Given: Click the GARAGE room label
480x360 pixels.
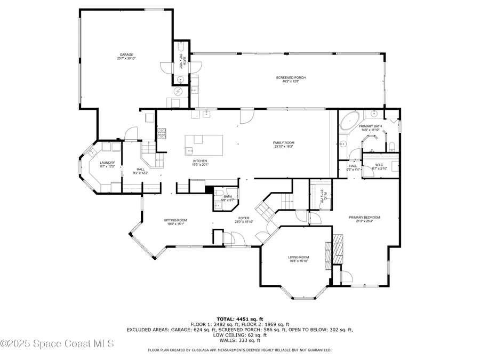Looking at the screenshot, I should click(x=126, y=54).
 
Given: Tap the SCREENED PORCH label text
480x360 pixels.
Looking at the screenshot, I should click(x=291, y=78).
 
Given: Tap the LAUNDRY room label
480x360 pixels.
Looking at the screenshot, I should click(x=107, y=163).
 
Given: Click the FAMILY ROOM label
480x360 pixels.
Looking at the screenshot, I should click(x=283, y=142).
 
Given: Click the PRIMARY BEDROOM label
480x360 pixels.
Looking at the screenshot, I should click(x=364, y=217).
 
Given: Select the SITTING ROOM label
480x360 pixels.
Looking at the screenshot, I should click(x=175, y=220).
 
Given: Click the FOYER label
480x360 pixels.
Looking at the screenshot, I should click(x=243, y=218).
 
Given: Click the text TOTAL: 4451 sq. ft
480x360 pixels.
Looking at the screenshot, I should click(x=239, y=318).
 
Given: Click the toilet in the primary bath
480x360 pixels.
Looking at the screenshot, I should click(x=390, y=146).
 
